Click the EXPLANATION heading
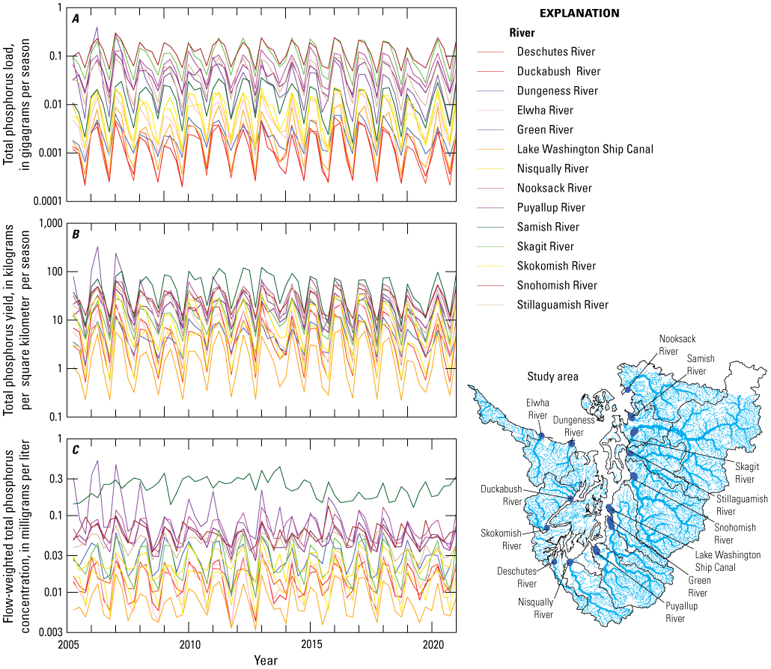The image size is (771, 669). (579, 13)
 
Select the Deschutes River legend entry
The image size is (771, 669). (555, 52)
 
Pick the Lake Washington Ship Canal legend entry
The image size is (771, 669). (585, 149)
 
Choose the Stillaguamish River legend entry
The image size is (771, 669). (562, 305)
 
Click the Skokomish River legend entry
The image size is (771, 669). (556, 266)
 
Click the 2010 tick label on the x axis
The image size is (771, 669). (189, 645)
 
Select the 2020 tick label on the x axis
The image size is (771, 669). (433, 645)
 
